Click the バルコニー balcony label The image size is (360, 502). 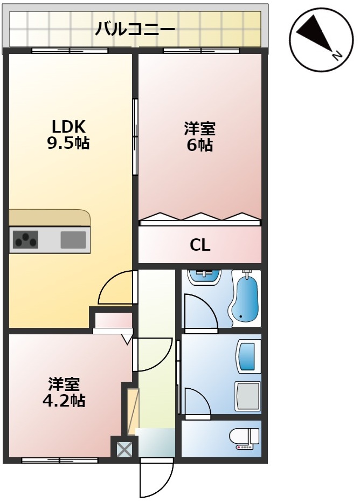tap(135, 28)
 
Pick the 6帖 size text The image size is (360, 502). tap(200, 145)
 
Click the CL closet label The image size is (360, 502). tap(200, 245)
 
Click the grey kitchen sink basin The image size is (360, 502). tap(73, 239)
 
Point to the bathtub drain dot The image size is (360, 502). tap(240, 316)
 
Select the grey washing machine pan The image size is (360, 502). tap(247, 396)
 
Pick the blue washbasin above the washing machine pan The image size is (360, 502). tap(248, 356)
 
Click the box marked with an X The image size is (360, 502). tap(124, 449)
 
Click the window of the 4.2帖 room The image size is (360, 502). tap(60, 460)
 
